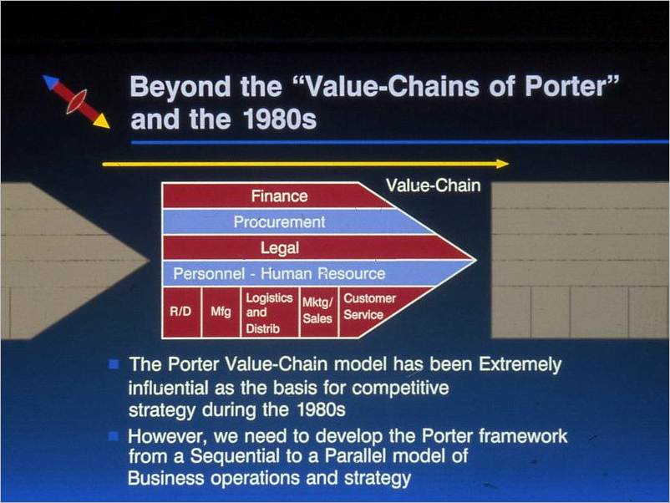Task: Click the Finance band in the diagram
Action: point(277,196)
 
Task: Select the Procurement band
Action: point(295,221)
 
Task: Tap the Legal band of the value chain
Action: point(316,247)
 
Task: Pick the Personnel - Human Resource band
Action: point(307,273)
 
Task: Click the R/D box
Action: point(181,312)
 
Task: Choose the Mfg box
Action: point(221,312)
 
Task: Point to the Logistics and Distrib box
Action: point(270,312)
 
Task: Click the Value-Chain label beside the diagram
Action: point(433,185)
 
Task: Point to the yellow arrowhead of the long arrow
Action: point(503,164)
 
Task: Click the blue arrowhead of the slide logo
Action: point(50,82)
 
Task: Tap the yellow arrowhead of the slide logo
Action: point(101,121)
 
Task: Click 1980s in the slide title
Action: point(280,119)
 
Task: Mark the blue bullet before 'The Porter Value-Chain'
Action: point(114,364)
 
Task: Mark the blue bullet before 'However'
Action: point(114,436)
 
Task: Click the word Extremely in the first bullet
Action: point(520,365)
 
